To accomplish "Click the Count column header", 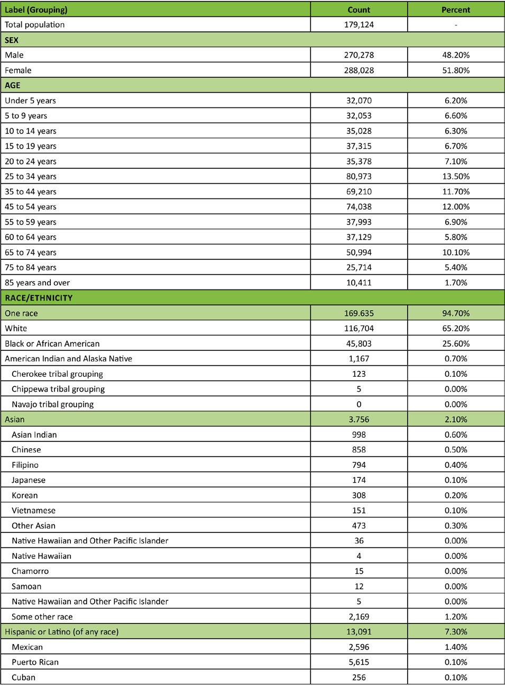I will (x=359, y=10).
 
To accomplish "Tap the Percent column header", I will (x=455, y=10).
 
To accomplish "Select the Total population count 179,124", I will (x=359, y=24).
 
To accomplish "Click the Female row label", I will (x=18, y=70).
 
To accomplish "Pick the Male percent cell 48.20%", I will (x=455, y=55).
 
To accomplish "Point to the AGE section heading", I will (x=13, y=85).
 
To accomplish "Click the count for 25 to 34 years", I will (x=359, y=176).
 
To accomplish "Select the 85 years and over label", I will (x=37, y=283).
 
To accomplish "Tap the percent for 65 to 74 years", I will (x=455, y=252).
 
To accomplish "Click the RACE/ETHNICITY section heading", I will (x=39, y=298).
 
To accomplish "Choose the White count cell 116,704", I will (x=359, y=328).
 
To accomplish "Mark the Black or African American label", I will (x=52, y=343).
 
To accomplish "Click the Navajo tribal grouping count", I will (x=359, y=404).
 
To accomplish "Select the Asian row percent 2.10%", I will (x=455, y=419).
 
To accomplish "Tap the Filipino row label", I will (x=25, y=465).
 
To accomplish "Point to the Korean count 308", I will (x=359, y=495).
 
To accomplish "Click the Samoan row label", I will (x=26, y=586).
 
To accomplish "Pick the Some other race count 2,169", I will (x=359, y=617).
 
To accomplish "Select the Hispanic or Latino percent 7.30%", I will (x=455, y=631).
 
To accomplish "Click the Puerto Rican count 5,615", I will (x=359, y=662).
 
